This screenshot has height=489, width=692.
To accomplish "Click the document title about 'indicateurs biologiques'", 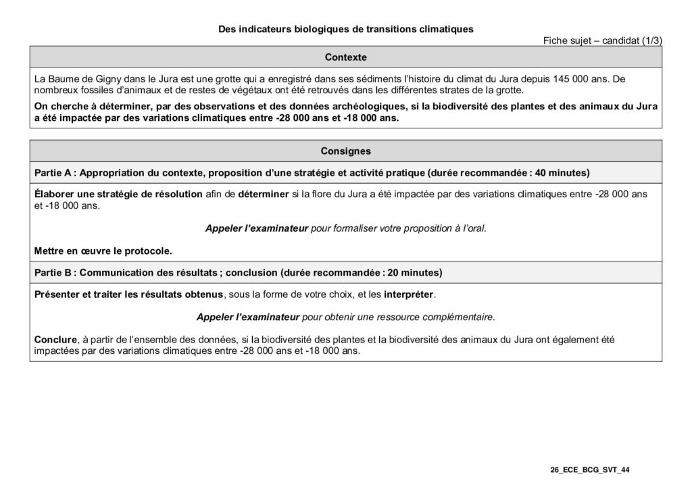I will point(345,30).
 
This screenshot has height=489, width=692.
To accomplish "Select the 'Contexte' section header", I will point(345,57).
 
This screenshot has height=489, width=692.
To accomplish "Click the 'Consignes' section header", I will point(345,151).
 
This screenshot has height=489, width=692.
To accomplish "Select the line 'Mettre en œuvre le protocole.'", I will point(103,251).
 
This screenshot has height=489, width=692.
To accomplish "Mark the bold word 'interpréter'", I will point(410,294).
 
